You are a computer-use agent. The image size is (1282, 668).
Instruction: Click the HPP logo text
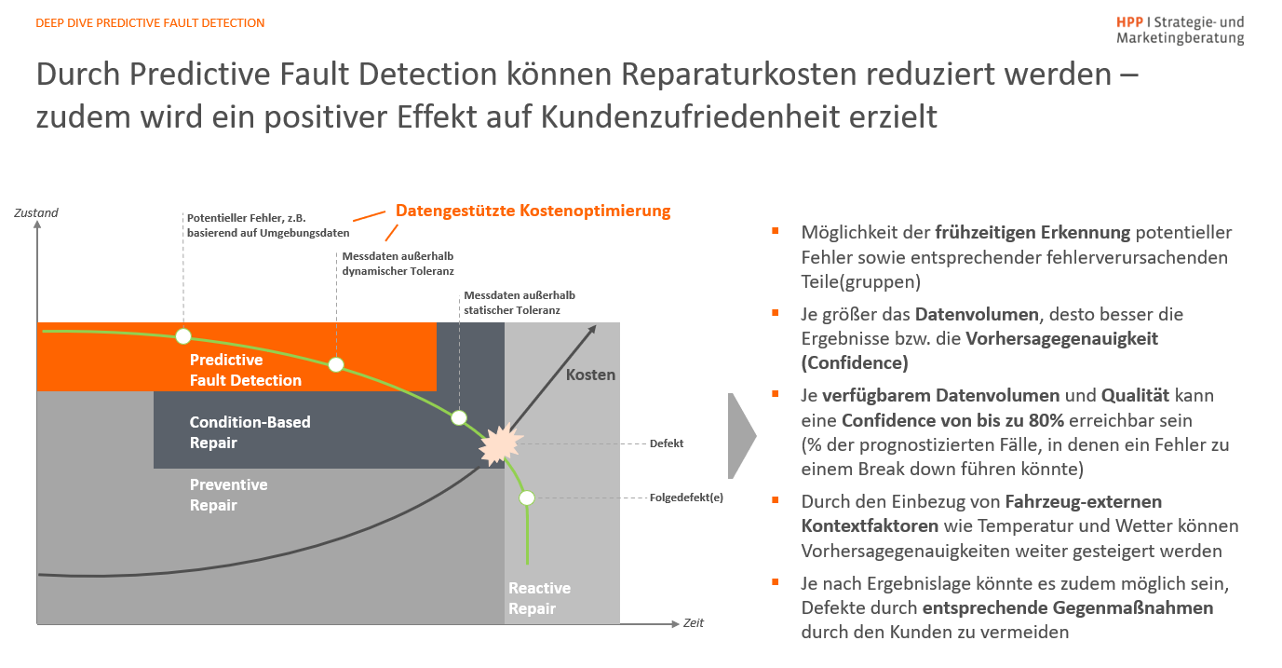[x=1180, y=30]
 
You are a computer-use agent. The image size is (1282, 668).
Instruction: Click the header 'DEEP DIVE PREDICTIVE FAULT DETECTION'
[x=150, y=22]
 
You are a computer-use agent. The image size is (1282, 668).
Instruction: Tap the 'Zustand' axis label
[x=36, y=212]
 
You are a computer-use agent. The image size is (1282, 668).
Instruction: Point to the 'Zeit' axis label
[x=694, y=622]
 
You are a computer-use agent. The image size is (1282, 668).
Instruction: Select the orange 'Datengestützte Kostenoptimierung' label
[x=533, y=211]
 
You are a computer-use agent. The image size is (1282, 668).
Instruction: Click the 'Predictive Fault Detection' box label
[x=246, y=370]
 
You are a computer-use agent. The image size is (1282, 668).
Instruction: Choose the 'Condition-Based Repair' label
[x=250, y=432]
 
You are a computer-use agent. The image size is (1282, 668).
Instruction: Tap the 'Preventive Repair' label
[x=228, y=495]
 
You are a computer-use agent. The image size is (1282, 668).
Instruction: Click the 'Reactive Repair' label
[x=539, y=598]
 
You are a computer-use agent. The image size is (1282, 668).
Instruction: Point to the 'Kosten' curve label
[x=591, y=375]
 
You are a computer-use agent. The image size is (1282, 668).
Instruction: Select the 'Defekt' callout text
[x=667, y=443]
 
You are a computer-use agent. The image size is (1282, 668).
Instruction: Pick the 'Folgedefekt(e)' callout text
[x=686, y=498]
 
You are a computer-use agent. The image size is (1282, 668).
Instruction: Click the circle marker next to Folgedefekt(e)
[x=527, y=498]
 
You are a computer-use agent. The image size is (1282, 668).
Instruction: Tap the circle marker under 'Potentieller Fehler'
[x=183, y=336]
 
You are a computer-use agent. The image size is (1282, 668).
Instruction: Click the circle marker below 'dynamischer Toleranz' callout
[x=336, y=364]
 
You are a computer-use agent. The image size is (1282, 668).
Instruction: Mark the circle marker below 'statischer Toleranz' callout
[x=458, y=417]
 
